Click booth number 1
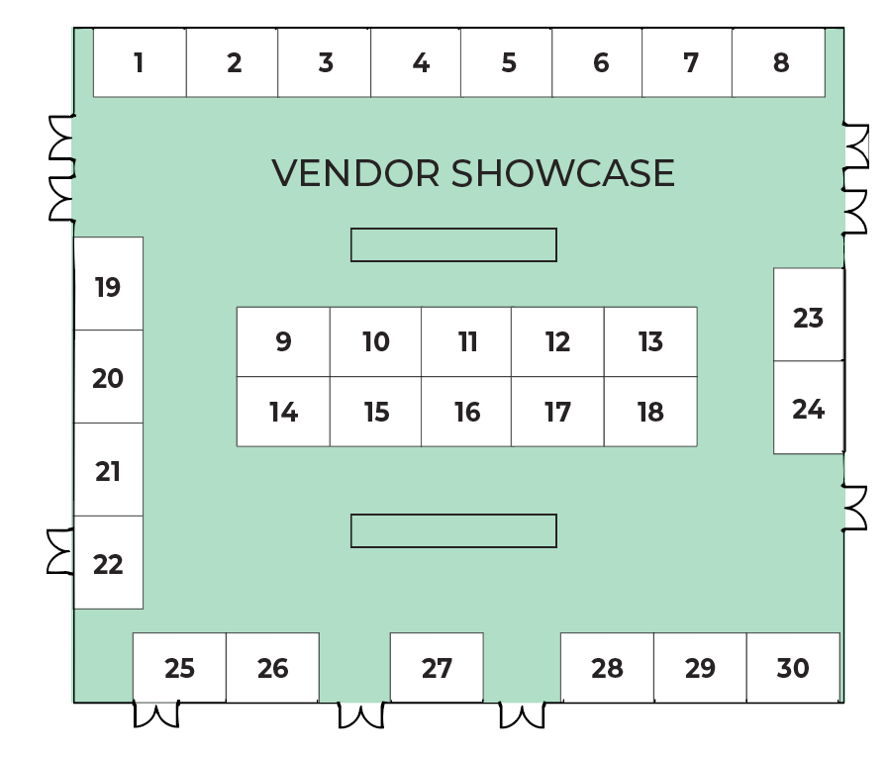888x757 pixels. point(140,62)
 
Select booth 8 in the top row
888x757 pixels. point(779,62)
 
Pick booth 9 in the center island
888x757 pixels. point(283,341)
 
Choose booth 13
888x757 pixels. point(650,341)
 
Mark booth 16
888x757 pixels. point(466,412)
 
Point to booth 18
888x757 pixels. point(650,412)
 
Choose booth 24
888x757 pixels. point(808,408)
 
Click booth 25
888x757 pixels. point(179,668)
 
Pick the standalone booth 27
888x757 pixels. point(437,668)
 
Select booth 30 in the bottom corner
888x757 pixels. point(793,668)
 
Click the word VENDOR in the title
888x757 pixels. point(355,173)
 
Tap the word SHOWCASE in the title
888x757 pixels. point(562,173)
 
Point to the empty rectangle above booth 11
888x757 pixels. point(453,244)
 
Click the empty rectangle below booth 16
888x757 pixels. point(453,530)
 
